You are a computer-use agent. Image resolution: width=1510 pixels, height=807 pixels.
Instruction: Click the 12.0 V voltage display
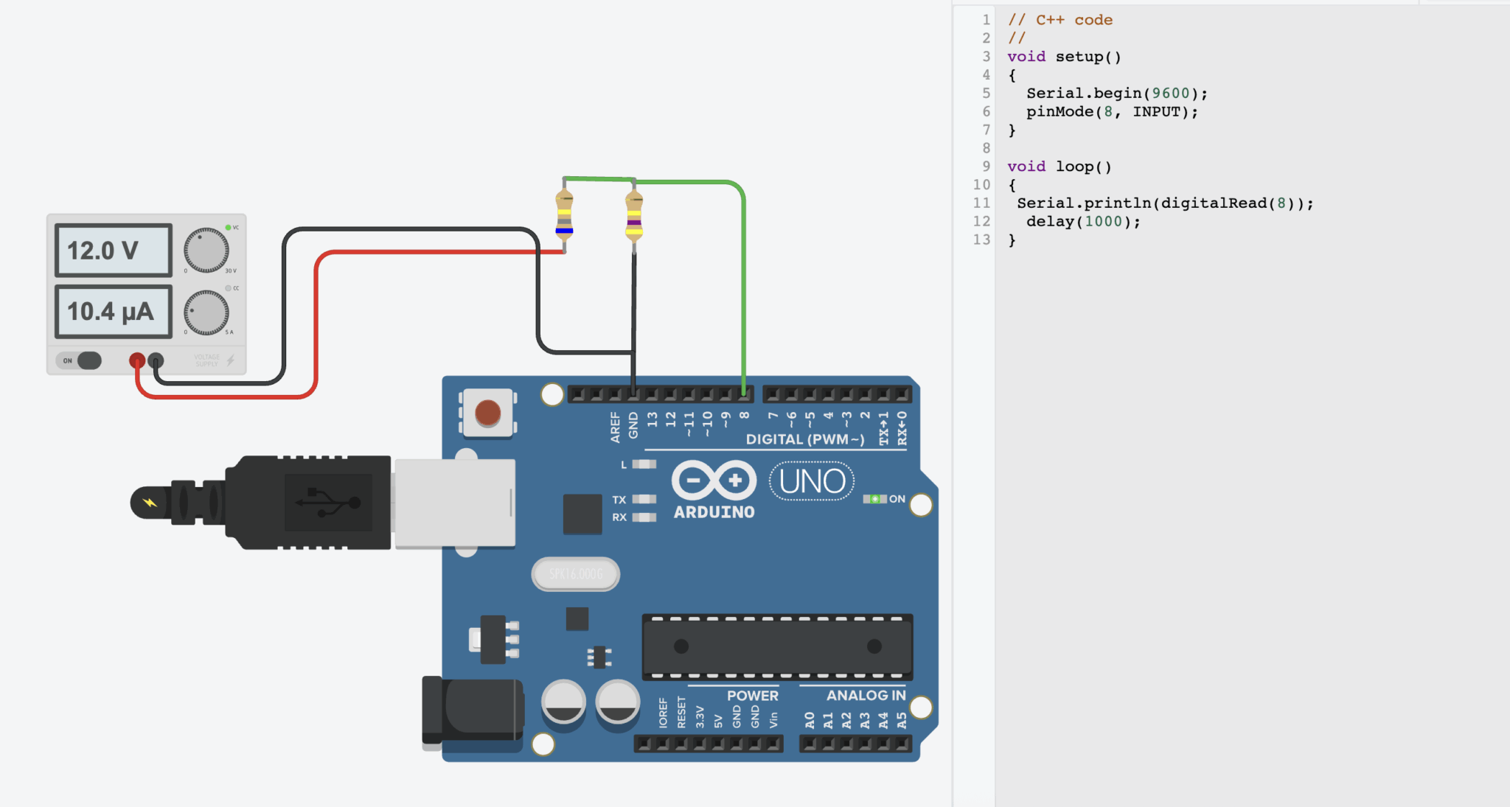pyautogui.click(x=113, y=251)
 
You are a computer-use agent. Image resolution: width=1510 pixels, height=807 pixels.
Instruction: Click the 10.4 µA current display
pyautogui.click(x=113, y=312)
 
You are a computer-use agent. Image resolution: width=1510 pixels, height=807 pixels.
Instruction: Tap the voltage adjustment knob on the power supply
pyautogui.click(x=206, y=251)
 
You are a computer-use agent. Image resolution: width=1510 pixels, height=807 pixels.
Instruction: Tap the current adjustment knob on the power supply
pyautogui.click(x=206, y=312)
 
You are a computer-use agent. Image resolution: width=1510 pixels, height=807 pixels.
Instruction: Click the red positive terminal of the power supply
pyautogui.click(x=137, y=360)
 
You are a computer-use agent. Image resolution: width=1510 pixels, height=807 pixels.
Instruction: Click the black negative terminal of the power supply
pyautogui.click(x=156, y=360)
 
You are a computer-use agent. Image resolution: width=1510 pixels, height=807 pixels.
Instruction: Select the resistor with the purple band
pyautogui.click(x=634, y=217)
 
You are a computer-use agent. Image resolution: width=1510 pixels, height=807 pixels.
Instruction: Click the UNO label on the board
pyautogui.click(x=812, y=481)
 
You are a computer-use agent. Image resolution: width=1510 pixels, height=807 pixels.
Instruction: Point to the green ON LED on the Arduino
pyautogui.click(x=874, y=499)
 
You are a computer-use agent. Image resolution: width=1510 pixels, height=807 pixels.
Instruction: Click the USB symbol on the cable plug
pyautogui.click(x=328, y=503)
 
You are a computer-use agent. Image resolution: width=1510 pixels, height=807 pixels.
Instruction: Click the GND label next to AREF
pyautogui.click(x=633, y=426)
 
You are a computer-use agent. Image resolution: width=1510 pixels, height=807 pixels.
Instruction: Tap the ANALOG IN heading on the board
pyautogui.click(x=866, y=695)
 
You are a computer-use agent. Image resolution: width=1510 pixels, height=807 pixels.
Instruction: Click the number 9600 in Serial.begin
pyautogui.click(x=1170, y=94)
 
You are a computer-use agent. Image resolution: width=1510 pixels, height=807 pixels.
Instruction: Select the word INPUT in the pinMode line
pyautogui.click(x=1155, y=112)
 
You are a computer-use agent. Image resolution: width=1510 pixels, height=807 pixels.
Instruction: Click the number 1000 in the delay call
pyautogui.click(x=1103, y=222)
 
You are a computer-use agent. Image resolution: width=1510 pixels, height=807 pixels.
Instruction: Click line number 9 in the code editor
pyautogui.click(x=986, y=167)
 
